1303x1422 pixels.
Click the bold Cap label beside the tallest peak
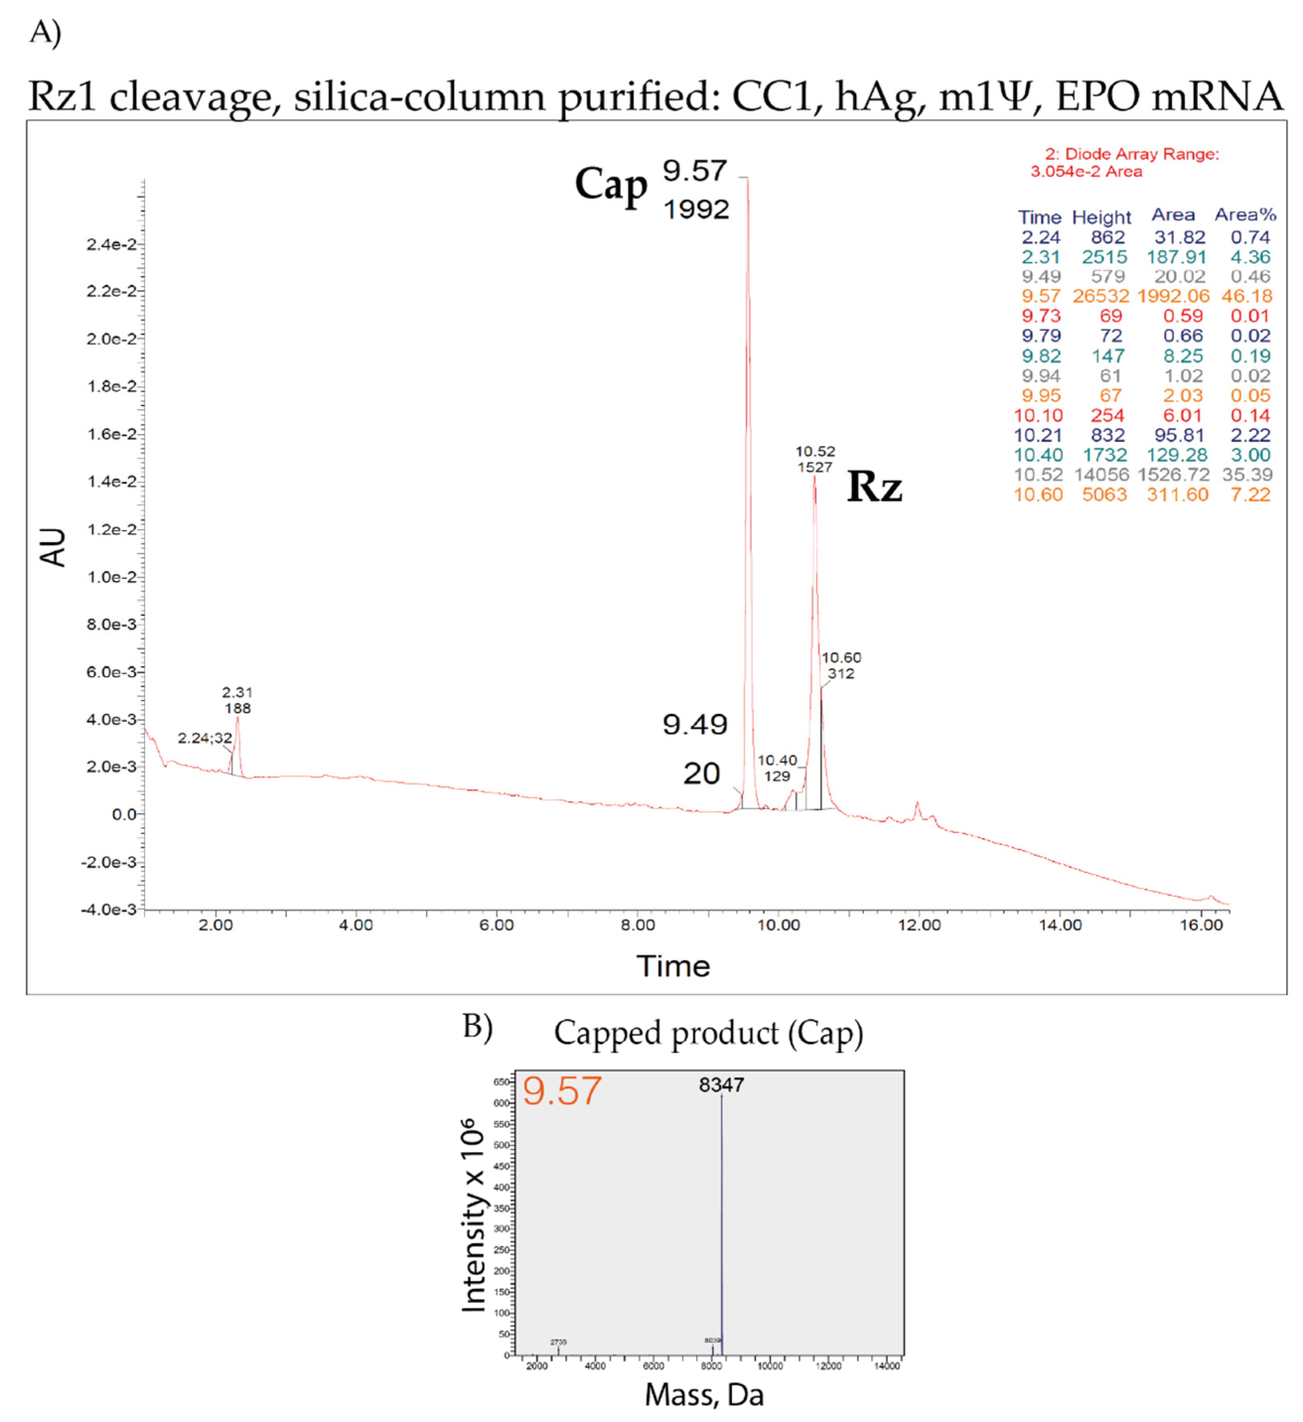coord(611,186)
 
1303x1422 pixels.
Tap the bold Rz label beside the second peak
coord(874,487)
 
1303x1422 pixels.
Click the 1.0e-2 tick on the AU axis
coord(111,577)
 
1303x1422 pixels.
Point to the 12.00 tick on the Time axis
coord(919,925)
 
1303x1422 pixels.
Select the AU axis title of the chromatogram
coord(53,547)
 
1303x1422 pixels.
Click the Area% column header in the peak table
coord(1244,214)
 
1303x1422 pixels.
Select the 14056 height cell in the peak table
coord(1101,475)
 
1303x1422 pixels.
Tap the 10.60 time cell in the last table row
coord(1038,495)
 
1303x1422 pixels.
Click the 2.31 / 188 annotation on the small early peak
coord(236,700)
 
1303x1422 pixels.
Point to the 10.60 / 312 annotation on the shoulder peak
coord(841,665)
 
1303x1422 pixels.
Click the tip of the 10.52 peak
coord(814,478)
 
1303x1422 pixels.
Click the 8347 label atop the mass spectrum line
coord(721,1084)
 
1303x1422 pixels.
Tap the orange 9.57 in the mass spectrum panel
coord(562,1091)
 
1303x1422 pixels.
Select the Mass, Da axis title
coord(704,1395)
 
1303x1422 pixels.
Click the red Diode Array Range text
coord(1131,154)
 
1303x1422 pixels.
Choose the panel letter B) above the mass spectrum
coord(478,1027)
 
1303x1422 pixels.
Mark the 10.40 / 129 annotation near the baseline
coord(777,768)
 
